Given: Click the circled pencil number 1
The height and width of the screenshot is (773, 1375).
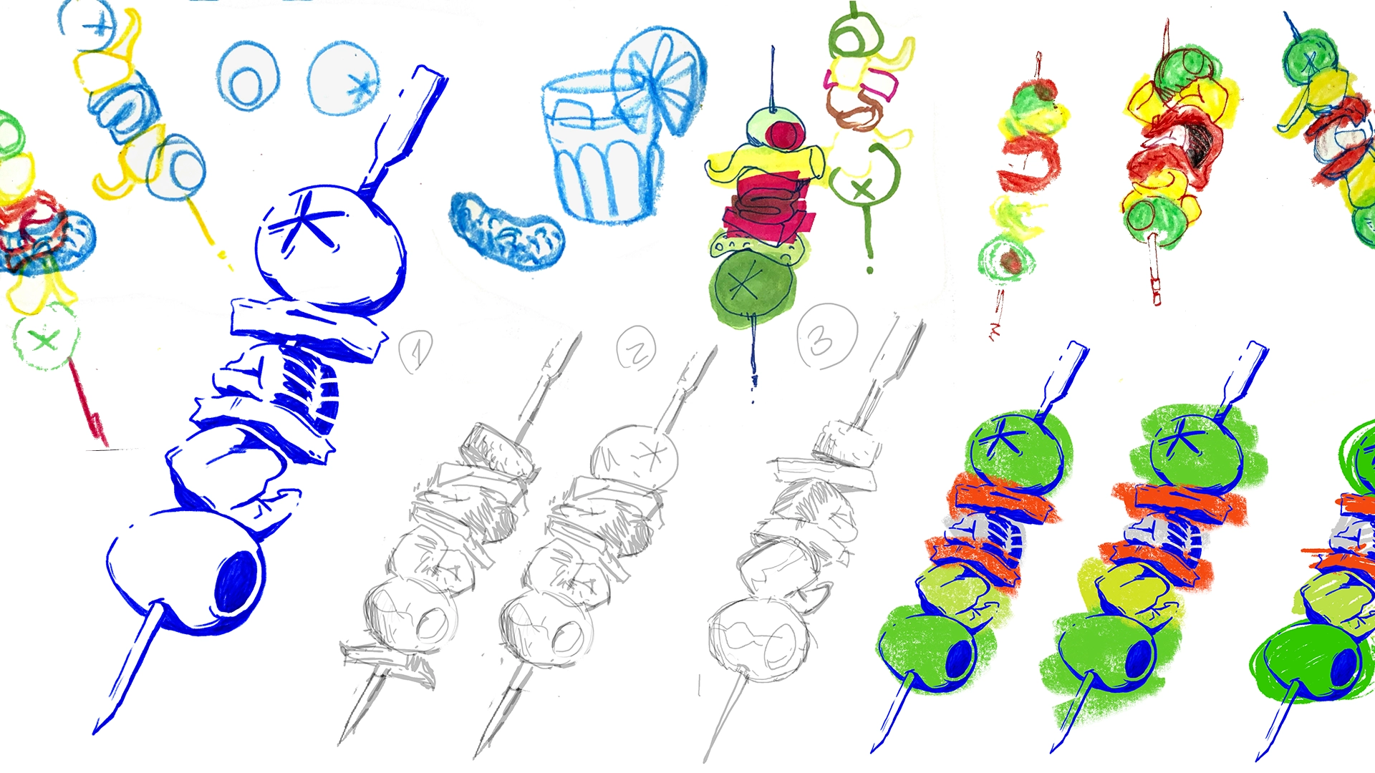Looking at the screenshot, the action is [416, 351].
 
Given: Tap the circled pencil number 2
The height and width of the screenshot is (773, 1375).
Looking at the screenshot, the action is [636, 348].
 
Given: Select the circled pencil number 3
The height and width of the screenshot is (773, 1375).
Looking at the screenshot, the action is [827, 336].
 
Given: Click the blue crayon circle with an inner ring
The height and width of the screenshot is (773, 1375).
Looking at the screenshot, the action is [248, 76].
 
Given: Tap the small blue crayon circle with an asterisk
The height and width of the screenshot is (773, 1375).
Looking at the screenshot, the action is [344, 78].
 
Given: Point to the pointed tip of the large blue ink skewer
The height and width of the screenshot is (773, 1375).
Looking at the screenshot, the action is [95, 731].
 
